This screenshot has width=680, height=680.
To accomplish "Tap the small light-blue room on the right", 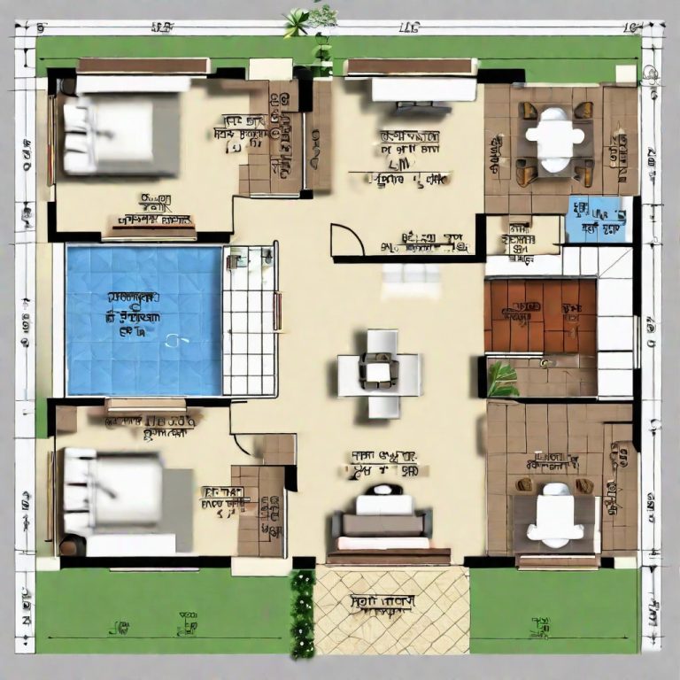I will pos(599,219).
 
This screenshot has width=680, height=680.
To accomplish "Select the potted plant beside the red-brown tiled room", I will pos(502,379).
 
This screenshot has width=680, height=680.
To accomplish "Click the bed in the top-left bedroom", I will pos(119,136).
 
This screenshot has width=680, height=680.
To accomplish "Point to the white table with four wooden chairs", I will pos(555,138).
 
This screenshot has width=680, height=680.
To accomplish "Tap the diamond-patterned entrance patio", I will pos(391,611).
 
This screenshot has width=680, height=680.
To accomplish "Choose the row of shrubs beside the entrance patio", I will pos(303,613).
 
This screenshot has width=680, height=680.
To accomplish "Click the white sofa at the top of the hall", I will pos(422,89).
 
